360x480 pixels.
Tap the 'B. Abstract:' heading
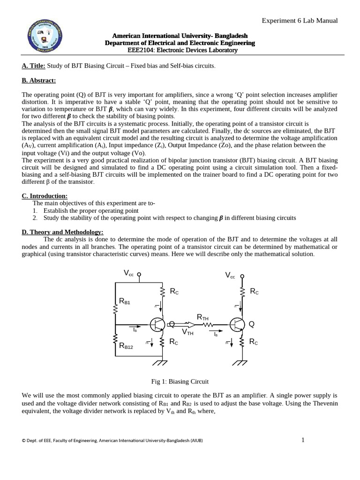click(39, 80)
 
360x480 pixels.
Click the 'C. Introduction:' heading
click(45, 195)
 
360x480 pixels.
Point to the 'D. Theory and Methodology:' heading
click(63, 232)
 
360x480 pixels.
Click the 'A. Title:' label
click(33, 66)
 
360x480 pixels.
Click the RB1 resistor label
click(125, 302)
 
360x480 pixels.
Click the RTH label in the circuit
click(202, 317)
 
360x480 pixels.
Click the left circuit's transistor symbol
click(157, 324)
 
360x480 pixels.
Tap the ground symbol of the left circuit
click(162, 362)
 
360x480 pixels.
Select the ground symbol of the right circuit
click(242, 362)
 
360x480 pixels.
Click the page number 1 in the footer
click(303, 440)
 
